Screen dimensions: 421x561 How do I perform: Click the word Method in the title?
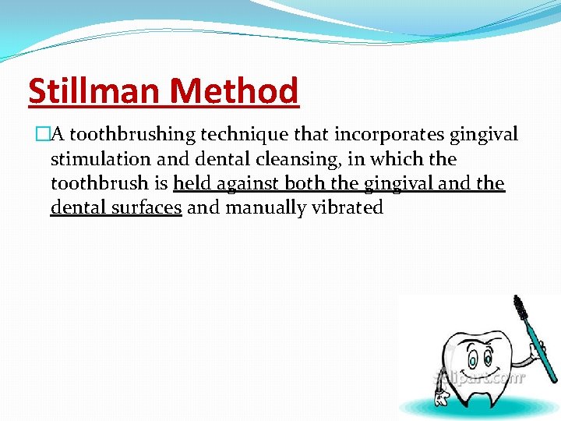[234, 92]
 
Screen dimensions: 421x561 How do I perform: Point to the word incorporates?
[376, 135]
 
